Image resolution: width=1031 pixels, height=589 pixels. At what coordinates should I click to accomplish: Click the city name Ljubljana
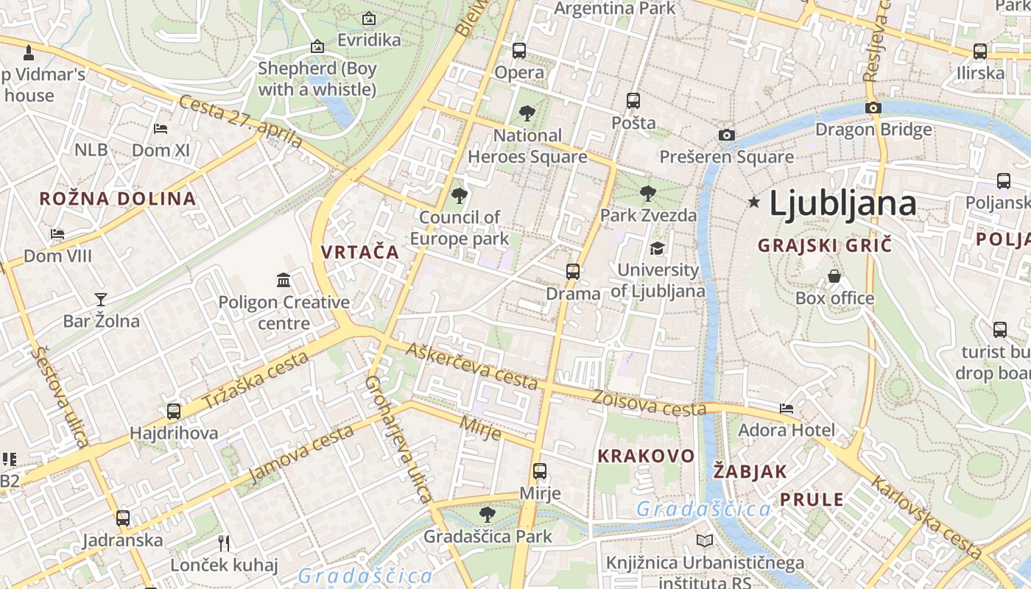[842, 204]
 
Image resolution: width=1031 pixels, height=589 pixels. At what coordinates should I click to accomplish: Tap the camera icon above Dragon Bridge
[873, 107]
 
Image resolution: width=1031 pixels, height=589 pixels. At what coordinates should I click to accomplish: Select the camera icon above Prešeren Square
[726, 135]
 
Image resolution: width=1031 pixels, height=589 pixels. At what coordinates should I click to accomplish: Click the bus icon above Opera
[519, 51]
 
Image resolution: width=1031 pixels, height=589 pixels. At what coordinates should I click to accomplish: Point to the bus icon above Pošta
[633, 101]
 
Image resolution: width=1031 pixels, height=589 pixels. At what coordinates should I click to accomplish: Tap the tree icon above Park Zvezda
[648, 194]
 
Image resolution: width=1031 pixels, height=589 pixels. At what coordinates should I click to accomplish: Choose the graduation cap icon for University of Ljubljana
[657, 248]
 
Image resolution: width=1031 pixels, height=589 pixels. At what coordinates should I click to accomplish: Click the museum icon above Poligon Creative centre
[284, 280]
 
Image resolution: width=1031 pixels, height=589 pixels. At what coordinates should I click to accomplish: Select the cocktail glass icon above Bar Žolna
[101, 299]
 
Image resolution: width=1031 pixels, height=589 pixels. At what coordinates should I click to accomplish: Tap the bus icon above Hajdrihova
[174, 412]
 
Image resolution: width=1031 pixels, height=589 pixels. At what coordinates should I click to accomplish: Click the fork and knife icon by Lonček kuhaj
[224, 543]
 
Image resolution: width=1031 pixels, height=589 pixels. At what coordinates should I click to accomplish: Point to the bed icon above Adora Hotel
[787, 408]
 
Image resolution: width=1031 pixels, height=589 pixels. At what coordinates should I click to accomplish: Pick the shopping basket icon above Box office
[834, 276]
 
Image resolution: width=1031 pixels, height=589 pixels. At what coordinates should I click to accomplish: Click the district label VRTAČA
[360, 252]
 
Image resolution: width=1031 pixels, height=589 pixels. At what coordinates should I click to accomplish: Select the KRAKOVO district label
[646, 456]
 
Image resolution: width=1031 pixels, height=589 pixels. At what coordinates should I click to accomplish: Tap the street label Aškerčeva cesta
[472, 366]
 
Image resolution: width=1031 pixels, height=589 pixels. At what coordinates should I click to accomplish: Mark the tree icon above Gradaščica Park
[487, 514]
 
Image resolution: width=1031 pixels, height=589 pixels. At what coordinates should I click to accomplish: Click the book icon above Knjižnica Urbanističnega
[705, 541]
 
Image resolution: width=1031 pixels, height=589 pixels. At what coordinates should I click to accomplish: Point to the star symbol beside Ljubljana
[753, 202]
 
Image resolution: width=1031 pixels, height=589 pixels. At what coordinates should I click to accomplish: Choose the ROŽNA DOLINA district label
[118, 198]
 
